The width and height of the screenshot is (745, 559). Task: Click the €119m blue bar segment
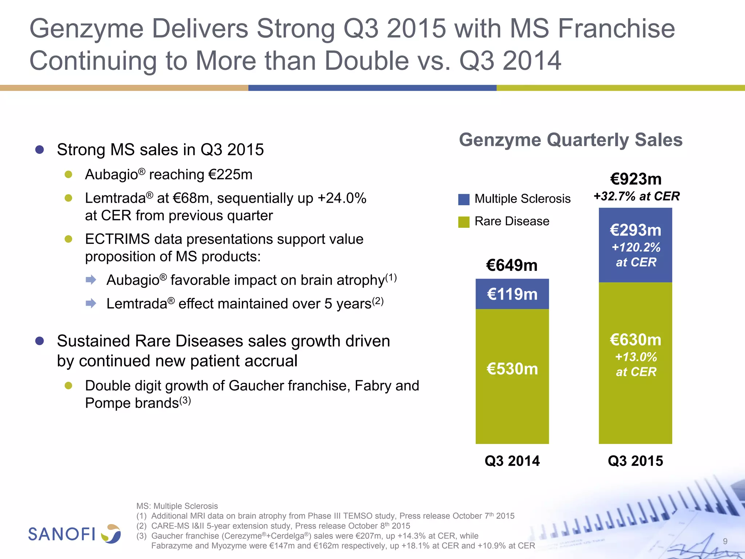pos(512,294)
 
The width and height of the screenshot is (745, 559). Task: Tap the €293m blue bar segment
pos(635,245)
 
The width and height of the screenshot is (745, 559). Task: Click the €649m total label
pos(512,265)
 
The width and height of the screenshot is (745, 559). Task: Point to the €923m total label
pos(636,179)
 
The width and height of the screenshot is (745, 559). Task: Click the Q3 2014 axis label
pos(512,461)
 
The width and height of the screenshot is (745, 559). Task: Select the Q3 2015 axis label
pos(635,461)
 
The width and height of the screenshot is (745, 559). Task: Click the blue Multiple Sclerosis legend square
pos(464,199)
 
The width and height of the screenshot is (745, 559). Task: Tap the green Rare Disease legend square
pos(464,222)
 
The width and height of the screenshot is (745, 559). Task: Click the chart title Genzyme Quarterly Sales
pos(570,140)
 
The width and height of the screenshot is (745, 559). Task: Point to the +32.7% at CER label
pos(636,197)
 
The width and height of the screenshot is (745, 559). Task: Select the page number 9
pos(725,541)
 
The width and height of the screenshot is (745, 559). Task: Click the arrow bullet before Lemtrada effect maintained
pos(91,303)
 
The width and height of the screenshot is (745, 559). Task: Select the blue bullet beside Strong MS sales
pos(40,150)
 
